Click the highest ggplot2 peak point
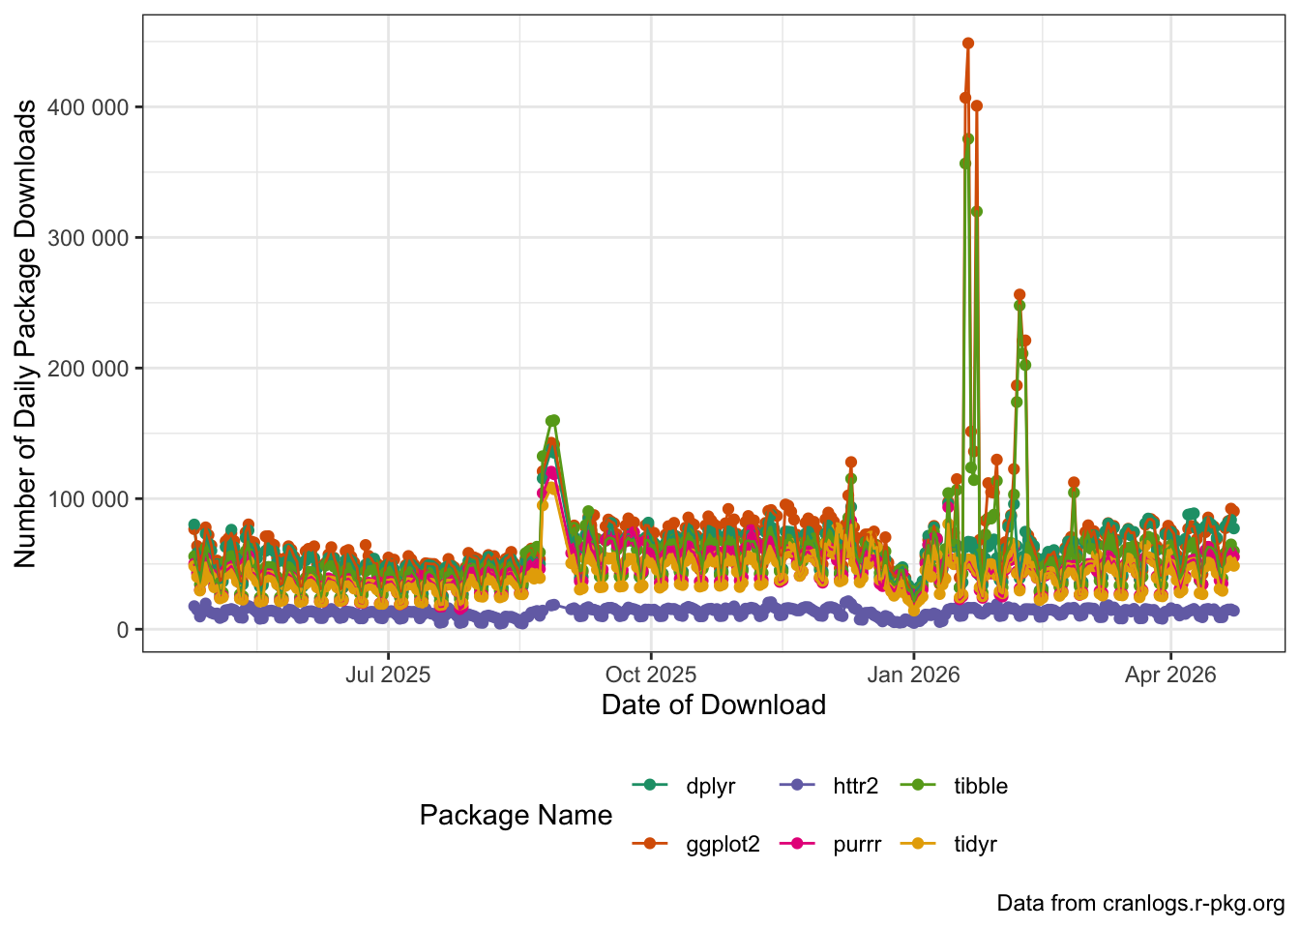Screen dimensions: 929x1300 click(x=968, y=44)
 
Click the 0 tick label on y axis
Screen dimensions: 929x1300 click(x=122, y=630)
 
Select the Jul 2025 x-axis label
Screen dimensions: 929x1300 click(x=388, y=674)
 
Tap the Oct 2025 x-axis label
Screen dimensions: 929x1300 click(x=651, y=674)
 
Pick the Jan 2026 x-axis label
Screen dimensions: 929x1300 click(x=913, y=674)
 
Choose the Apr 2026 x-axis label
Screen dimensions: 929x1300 click(x=1170, y=674)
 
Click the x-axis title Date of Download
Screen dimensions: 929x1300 click(x=713, y=704)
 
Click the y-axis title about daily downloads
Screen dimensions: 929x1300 click(x=25, y=333)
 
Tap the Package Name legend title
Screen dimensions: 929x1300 click(x=516, y=816)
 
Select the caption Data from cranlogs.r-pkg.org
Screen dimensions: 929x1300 click(x=1140, y=904)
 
